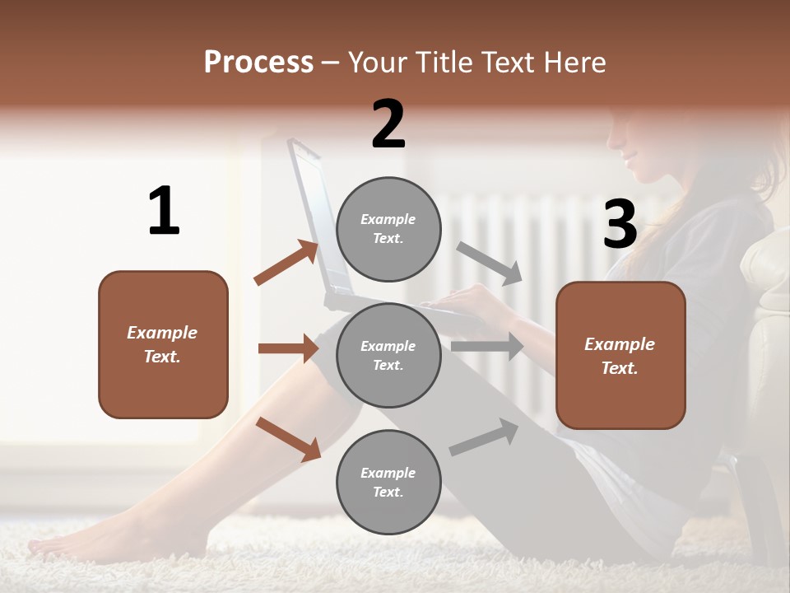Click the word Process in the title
[258, 63]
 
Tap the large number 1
[164, 211]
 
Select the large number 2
[388, 124]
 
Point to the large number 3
[620, 224]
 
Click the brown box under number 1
[163, 344]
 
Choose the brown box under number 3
[620, 356]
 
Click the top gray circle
[388, 229]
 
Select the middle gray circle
[388, 355]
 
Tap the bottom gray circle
[388, 482]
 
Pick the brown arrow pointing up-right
[286, 263]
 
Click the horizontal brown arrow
[288, 348]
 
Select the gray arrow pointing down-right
[490, 263]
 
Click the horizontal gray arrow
[487, 347]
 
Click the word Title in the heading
[444, 63]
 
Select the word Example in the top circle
[388, 220]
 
